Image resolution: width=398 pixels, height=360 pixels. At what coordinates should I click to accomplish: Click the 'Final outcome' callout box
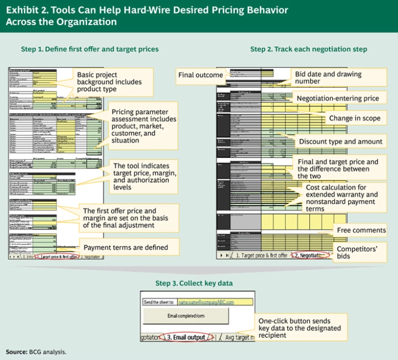click(x=200, y=75)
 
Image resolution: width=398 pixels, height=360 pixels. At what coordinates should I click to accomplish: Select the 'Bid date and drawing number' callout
click(x=328, y=78)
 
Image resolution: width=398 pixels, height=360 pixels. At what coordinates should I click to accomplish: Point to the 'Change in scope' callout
click(x=354, y=118)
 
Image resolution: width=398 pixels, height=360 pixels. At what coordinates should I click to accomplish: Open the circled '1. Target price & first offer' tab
click(x=54, y=256)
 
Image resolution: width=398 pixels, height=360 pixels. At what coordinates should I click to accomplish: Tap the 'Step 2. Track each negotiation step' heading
click(x=309, y=49)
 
